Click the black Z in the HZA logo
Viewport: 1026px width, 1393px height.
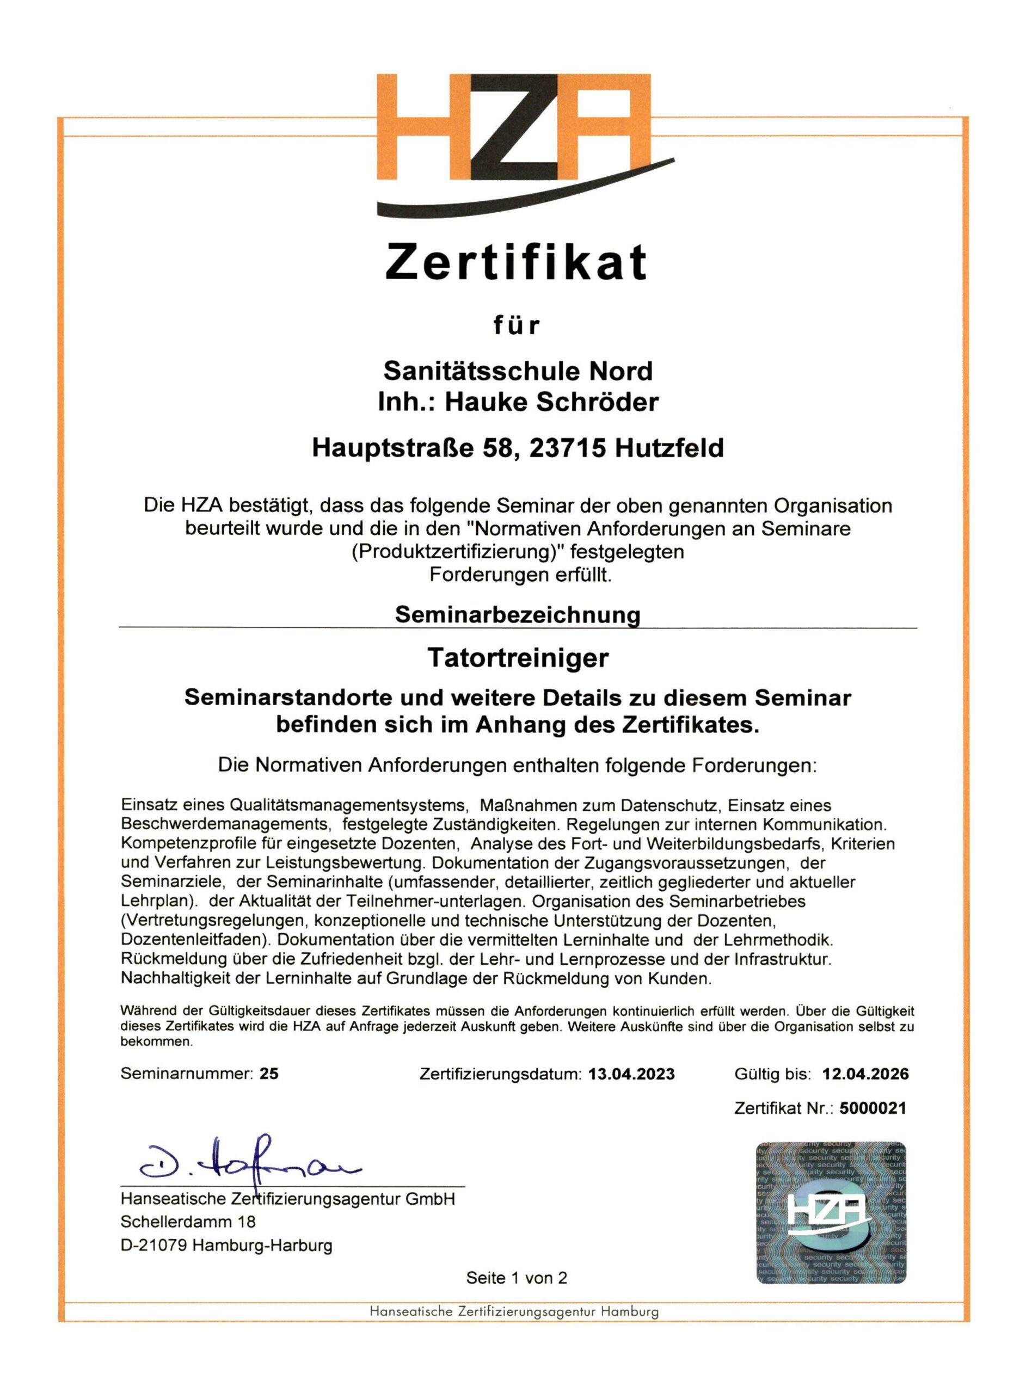[x=515, y=127]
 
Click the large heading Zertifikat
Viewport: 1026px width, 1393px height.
[x=516, y=262]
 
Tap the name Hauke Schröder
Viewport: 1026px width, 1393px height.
[x=551, y=402]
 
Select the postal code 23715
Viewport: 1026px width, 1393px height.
[x=567, y=448]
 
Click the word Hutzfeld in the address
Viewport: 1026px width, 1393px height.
[x=669, y=448]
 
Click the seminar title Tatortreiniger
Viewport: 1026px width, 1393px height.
[x=518, y=658]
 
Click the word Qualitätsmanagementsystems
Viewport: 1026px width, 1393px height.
[x=348, y=806]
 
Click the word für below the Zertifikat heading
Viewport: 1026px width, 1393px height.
[x=517, y=325]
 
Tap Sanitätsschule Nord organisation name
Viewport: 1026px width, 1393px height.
[x=518, y=371]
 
